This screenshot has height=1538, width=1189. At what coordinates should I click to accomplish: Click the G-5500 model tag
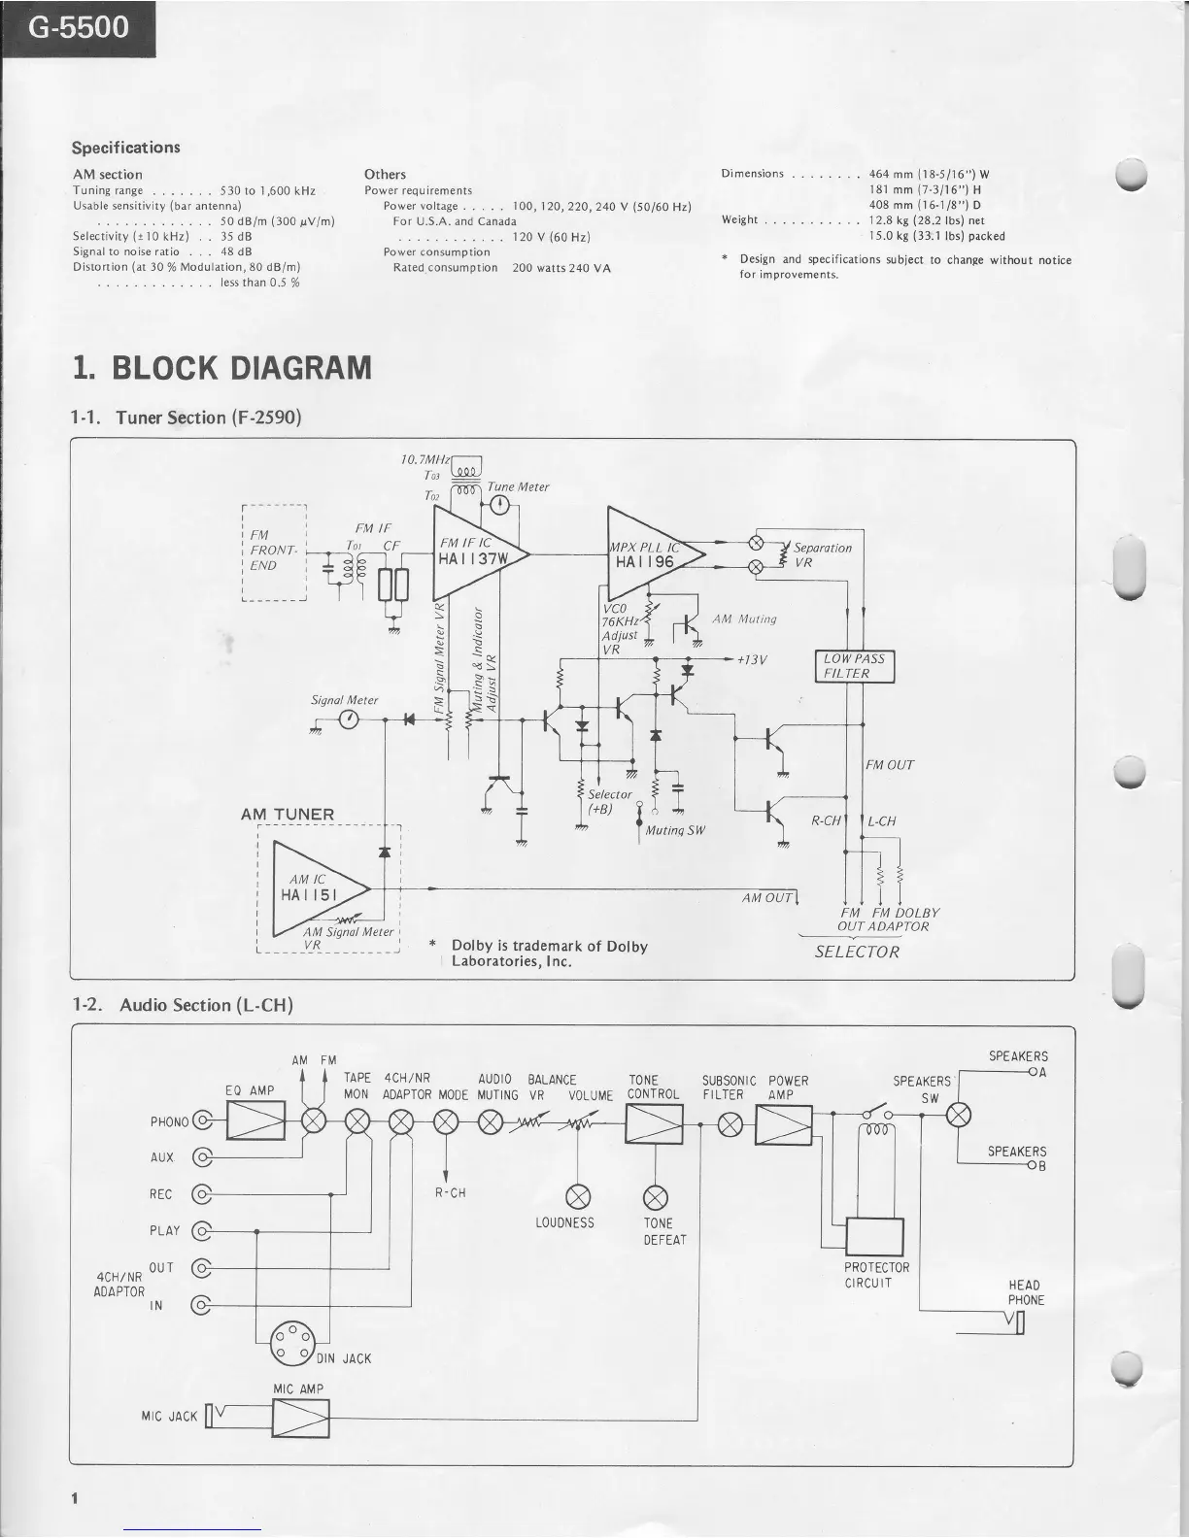point(78,27)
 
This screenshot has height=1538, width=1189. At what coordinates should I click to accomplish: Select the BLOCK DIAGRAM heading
point(221,368)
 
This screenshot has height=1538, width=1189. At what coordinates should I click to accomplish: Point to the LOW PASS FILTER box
point(855,666)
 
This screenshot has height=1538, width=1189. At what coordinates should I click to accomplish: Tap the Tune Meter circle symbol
point(500,504)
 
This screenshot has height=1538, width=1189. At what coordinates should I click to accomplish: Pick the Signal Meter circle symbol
point(349,719)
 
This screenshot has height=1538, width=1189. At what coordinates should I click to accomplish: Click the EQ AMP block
point(255,1122)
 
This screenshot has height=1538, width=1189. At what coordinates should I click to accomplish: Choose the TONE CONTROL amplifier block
point(654,1123)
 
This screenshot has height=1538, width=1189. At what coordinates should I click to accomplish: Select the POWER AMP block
point(784,1124)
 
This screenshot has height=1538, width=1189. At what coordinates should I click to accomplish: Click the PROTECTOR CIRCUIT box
point(875,1237)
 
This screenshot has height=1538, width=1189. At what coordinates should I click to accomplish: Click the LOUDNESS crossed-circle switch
point(579,1193)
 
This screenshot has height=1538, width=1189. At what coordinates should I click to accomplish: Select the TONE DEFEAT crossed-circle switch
point(656,1193)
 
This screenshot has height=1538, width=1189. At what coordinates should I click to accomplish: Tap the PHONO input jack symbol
point(203,1122)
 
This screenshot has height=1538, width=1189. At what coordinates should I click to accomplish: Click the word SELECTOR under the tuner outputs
point(857,952)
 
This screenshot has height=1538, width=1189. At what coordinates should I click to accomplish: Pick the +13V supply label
point(752,659)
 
